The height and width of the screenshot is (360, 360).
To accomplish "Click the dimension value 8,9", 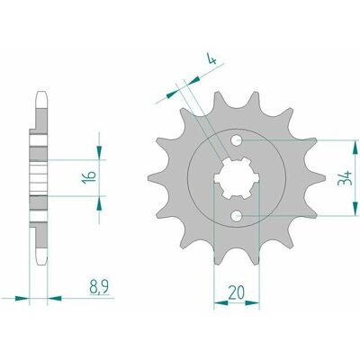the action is [x=99, y=288].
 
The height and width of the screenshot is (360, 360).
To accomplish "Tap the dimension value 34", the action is [x=345, y=178].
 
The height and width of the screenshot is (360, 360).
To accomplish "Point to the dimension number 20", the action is [x=236, y=292].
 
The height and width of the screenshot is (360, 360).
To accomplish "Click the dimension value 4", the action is [x=212, y=59].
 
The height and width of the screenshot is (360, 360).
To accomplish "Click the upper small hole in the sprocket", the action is [x=237, y=139].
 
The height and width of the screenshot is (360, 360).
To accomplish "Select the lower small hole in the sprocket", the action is [x=237, y=215].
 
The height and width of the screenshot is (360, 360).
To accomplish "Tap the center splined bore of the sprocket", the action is [x=237, y=177].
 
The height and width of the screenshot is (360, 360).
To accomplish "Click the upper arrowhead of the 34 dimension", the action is [x=355, y=147].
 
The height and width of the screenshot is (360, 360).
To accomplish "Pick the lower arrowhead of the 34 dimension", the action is [x=355, y=208].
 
